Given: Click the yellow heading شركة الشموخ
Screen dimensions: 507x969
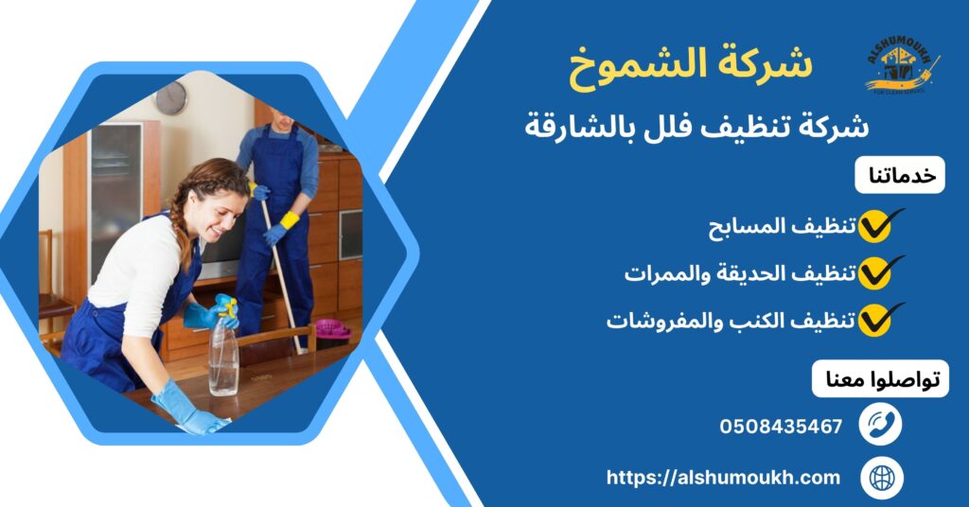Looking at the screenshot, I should point(691,65).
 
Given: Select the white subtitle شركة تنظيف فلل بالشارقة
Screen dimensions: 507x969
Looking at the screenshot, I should point(696,125).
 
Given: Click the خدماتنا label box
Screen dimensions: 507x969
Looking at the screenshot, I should point(900,175).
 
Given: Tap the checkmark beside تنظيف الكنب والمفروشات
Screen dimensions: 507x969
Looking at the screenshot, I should point(879,321).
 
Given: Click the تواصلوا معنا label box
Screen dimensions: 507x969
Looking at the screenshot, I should point(880,378).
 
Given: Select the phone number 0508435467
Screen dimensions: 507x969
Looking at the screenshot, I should point(781,427).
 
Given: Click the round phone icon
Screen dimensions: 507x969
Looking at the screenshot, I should point(880,425).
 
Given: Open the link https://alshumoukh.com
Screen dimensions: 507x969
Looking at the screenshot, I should point(723,478).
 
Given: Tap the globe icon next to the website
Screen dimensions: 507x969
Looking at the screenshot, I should point(880,477).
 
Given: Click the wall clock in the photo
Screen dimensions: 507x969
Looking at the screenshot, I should point(170,97).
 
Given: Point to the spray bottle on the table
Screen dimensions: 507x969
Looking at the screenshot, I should point(224,350).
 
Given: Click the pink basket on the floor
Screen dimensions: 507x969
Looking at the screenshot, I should point(332,330).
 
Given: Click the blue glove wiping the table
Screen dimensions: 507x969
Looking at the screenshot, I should point(185,409).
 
